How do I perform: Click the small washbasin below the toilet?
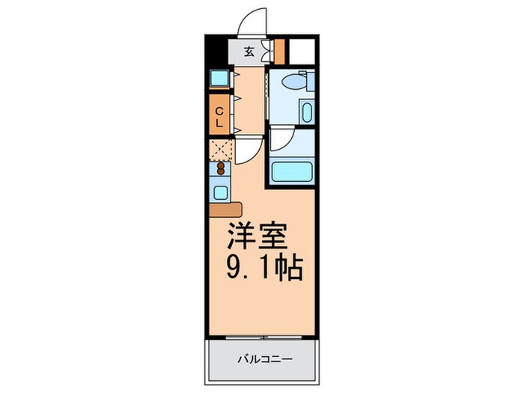click(306, 113)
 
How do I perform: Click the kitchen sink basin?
click(220, 192)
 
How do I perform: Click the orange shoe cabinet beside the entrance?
click(280, 50)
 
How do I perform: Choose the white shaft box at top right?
click(301, 49)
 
